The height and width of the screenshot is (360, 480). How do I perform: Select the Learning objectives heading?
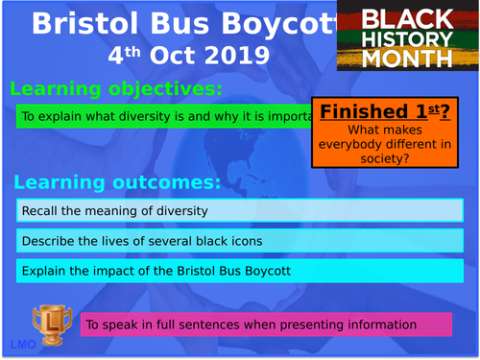(116, 89)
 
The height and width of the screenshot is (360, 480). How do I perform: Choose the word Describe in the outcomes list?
(47, 241)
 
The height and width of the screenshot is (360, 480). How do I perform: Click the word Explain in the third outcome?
(43, 271)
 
